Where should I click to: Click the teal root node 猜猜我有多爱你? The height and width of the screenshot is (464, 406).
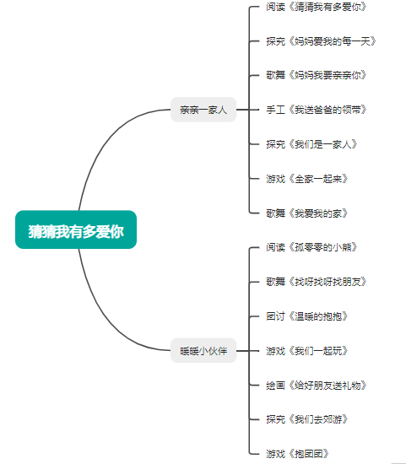pyautogui.click(x=76, y=229)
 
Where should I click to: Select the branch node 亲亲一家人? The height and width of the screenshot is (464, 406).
pyautogui.click(x=203, y=110)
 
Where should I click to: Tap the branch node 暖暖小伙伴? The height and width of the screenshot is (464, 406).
pyautogui.click(x=203, y=351)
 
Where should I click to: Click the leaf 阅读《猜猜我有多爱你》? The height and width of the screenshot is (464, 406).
pyautogui.click(x=317, y=7)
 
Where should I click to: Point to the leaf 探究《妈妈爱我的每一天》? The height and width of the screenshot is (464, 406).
pyautogui.click(x=321, y=41)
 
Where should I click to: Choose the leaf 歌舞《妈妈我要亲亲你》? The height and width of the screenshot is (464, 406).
pyautogui.click(x=317, y=75)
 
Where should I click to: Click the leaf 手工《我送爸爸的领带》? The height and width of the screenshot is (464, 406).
pyautogui.click(x=317, y=110)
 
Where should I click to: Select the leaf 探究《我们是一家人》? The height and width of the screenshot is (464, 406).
pyautogui.click(x=311, y=144)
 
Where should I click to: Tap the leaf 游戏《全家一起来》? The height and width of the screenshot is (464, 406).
pyautogui.click(x=306, y=179)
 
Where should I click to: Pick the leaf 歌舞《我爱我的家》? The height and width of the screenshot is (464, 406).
pyautogui.click(x=306, y=213)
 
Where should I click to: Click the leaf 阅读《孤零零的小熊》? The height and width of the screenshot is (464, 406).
pyautogui.click(x=311, y=247)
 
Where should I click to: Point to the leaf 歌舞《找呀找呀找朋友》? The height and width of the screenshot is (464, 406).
pyautogui.click(x=317, y=282)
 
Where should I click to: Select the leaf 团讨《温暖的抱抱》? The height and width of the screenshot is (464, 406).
pyautogui.click(x=306, y=316)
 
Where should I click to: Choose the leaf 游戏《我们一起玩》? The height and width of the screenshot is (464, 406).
pyautogui.click(x=306, y=351)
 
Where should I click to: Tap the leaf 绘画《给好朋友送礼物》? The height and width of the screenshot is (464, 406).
pyautogui.click(x=317, y=386)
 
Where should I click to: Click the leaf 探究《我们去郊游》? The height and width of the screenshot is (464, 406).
pyautogui.click(x=306, y=419)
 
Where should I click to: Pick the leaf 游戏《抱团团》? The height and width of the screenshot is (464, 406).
pyautogui.click(x=297, y=454)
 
